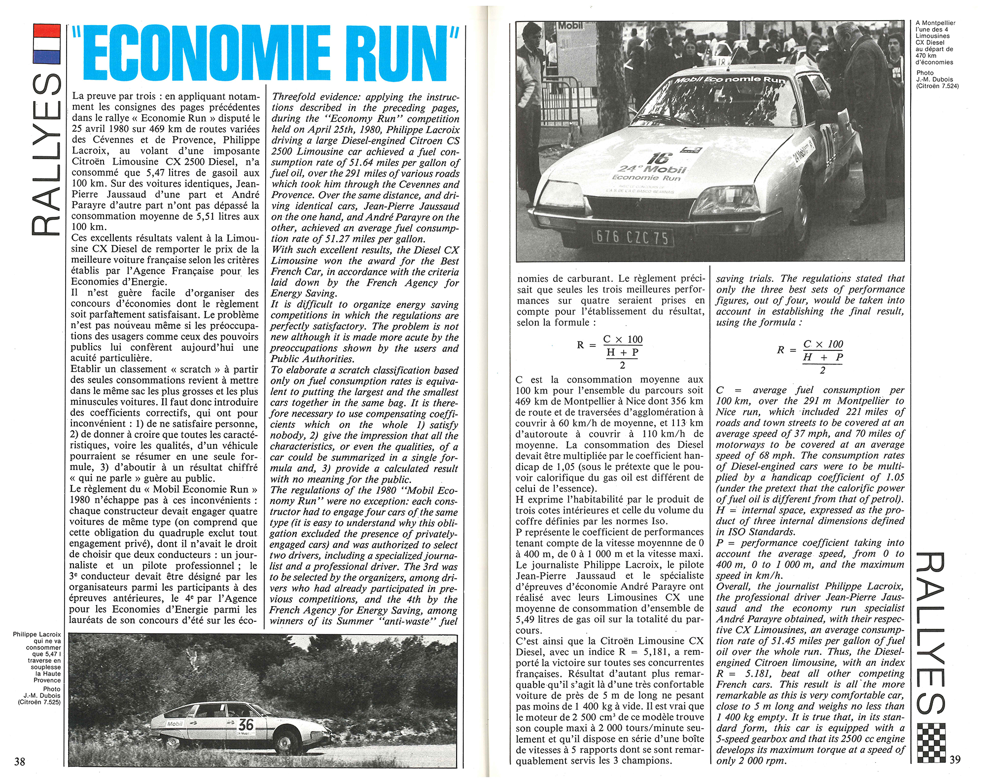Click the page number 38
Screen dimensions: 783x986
(19, 761)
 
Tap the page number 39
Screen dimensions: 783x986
(955, 759)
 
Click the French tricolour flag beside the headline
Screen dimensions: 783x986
(46, 44)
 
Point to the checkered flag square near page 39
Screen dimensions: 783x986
(931, 743)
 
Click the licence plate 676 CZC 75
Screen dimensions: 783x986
(632, 238)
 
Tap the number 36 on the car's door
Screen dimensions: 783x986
(246, 724)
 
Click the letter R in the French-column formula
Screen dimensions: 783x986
(580, 345)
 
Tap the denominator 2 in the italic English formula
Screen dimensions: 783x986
(822, 371)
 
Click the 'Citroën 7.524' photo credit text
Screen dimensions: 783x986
(937, 86)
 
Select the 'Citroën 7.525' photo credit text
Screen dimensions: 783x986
(39, 702)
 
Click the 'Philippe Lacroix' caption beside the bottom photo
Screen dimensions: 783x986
(37, 634)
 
